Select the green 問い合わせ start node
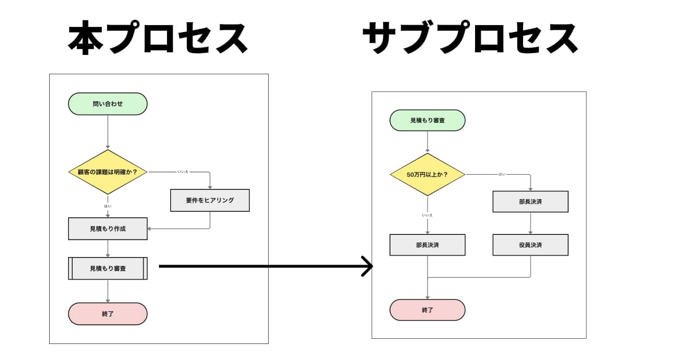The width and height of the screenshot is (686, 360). coord(107,104)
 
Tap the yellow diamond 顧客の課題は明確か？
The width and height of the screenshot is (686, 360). coord(107,172)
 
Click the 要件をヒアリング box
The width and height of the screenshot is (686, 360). coord(210,201)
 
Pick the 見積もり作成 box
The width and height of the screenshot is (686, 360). coord(107,229)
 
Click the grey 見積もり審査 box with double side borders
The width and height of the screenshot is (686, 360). coord(107,268)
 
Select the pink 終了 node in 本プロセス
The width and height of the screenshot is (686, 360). coord(107,314)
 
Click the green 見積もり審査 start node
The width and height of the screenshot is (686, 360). coord(427,121)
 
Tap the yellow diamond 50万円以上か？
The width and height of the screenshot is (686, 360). coord(427,174)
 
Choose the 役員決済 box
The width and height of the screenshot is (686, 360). coord(530,245)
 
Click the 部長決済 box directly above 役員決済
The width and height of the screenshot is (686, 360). coord(530,202)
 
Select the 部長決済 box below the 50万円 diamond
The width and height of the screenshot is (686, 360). coord(427,245)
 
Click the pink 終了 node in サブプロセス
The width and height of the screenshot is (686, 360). coord(427,310)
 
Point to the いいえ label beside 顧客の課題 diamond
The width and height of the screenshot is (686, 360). coord(183,171)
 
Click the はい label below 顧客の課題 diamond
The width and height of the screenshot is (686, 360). coord(107,206)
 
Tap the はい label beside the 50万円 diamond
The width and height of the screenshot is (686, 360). coord(501,174)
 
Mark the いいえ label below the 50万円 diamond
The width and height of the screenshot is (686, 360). coord(427,215)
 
